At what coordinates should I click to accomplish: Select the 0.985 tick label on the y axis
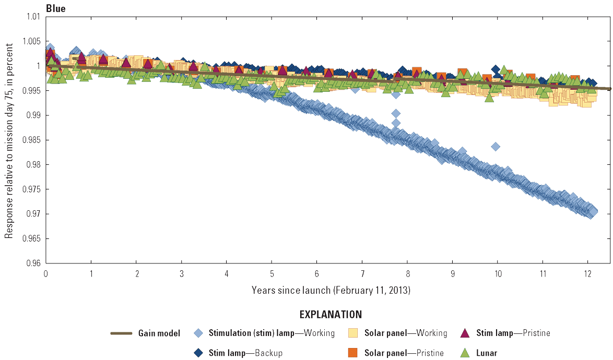click(x=32, y=140)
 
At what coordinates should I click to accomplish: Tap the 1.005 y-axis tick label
click(x=32, y=41)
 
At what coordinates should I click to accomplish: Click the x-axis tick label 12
click(x=587, y=273)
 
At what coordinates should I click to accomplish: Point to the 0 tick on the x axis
click(x=46, y=273)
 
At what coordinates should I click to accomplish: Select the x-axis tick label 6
click(x=317, y=273)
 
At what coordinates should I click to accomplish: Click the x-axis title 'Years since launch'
click(x=331, y=289)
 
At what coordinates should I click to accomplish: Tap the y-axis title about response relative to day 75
click(x=9, y=140)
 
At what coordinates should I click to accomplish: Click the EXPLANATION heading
click(x=330, y=315)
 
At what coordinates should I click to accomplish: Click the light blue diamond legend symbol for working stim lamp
click(x=198, y=333)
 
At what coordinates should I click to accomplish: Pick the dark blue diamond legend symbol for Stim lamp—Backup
click(x=198, y=353)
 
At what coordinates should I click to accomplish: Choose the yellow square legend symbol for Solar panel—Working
click(x=353, y=333)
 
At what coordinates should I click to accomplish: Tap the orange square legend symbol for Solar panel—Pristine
click(x=353, y=353)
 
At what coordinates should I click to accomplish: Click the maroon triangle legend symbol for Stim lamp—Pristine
click(x=466, y=333)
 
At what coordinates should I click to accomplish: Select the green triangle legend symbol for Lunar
click(x=466, y=353)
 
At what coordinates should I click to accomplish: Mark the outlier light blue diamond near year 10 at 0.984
click(x=496, y=147)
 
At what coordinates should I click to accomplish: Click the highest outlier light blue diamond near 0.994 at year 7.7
click(x=396, y=94)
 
